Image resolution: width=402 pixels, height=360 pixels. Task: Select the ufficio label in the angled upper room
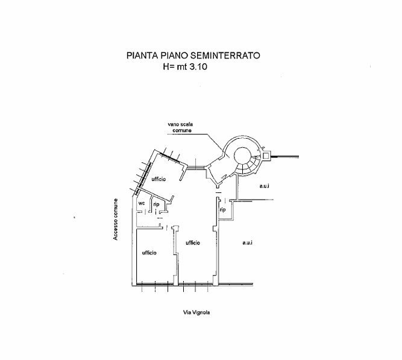159,179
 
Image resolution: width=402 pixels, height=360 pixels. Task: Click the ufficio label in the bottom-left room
149,253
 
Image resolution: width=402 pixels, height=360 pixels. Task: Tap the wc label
142,203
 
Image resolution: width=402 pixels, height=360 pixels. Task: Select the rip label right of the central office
222,209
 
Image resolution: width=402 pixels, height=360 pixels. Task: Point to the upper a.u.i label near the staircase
264,186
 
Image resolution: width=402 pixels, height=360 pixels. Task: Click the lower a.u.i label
247,242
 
